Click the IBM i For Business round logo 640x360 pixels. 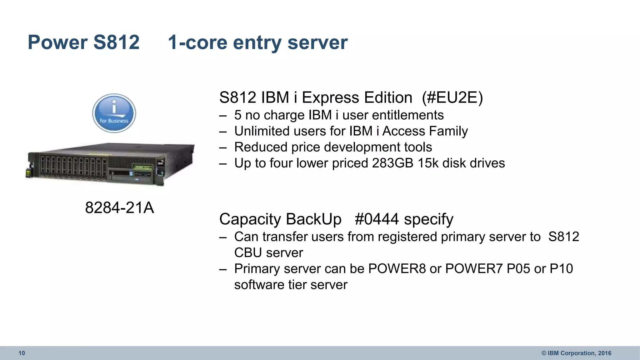coord(114,113)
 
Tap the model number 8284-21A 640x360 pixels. coord(119,207)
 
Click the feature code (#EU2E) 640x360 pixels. coord(452,97)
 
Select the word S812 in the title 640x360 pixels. coord(116,42)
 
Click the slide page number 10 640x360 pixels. coord(22,353)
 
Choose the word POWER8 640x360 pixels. coord(397,269)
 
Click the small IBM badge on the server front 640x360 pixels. coord(160,163)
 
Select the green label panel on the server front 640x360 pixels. coord(143,167)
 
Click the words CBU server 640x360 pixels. coord(268,253)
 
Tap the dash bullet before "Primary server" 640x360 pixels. coord(223,269)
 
